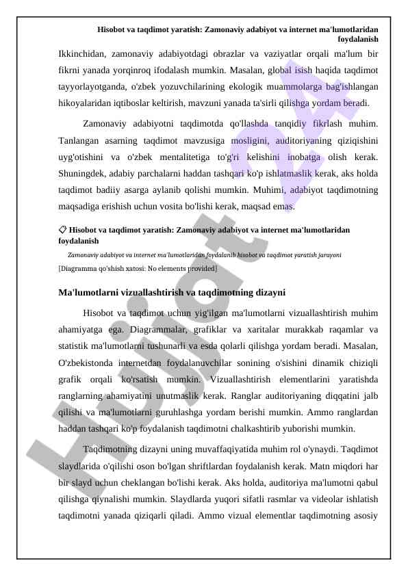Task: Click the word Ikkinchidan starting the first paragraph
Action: coord(80,53)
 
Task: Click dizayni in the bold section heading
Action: coord(269,292)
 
